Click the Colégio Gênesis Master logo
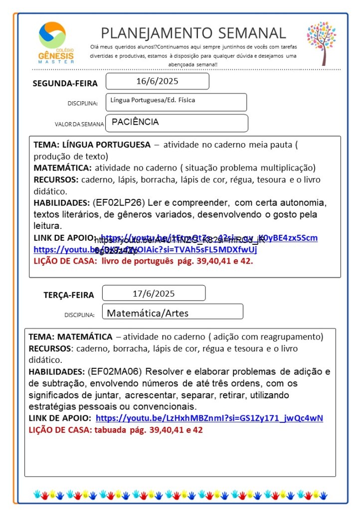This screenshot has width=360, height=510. pos(56,42)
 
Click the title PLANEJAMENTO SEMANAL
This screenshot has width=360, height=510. pos(193,33)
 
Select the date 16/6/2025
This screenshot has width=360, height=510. pos(157,81)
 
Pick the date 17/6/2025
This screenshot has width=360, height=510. pos(154,293)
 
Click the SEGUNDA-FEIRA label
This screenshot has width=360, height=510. pos(65,83)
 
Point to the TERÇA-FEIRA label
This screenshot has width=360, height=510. pos(68,295)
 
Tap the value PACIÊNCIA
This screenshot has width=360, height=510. pos(135,122)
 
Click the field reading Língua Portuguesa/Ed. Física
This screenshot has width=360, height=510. pos(153,100)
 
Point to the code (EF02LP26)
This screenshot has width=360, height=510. pos(116,203)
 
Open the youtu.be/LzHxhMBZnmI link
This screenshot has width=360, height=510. pos(209,418)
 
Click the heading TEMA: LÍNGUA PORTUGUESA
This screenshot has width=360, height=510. pos(92,145)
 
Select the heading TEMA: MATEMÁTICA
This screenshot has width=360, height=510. pos(70,337)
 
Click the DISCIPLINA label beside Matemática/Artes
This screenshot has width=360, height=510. pos(79,315)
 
